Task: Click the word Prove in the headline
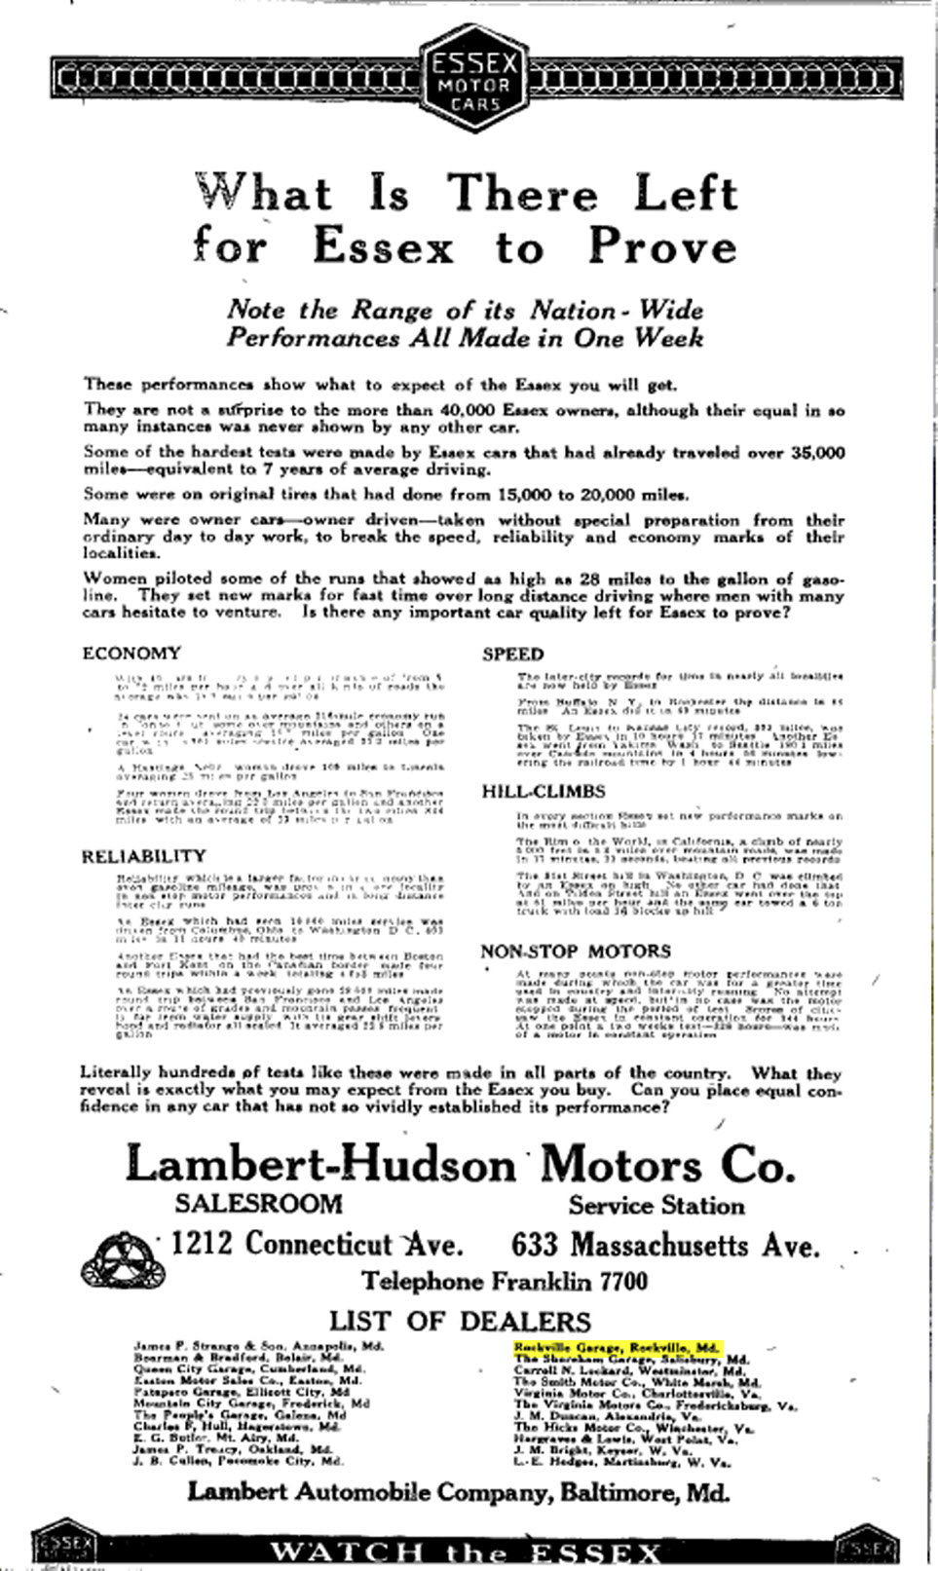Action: pyautogui.click(x=662, y=245)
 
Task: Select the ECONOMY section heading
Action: pyautogui.click(x=131, y=653)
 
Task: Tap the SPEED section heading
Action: pyautogui.click(x=512, y=654)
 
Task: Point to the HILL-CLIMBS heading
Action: pyautogui.click(x=544, y=791)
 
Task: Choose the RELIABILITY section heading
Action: pyautogui.click(x=143, y=856)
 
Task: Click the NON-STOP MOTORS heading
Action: pyautogui.click(x=576, y=951)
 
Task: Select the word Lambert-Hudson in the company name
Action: pyautogui.click(x=320, y=1164)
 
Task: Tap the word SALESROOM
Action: pyautogui.click(x=258, y=1204)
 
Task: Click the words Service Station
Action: pyautogui.click(x=656, y=1205)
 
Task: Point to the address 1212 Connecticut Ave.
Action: pyautogui.click(x=317, y=1244)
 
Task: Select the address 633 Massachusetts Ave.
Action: pyautogui.click(x=665, y=1245)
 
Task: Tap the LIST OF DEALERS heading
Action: pyautogui.click(x=460, y=1321)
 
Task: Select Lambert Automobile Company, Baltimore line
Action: pyautogui.click(x=458, y=1492)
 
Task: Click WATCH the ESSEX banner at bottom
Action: pyautogui.click(x=465, y=1552)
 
